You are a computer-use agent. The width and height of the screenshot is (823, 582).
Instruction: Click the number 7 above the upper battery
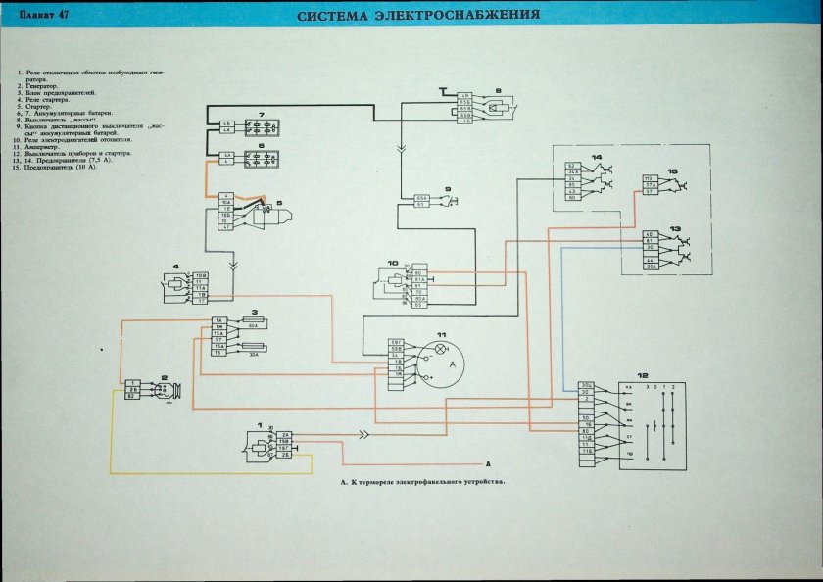pyautogui.click(x=262, y=117)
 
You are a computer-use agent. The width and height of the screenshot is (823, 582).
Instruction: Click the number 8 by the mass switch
pyautogui.click(x=498, y=91)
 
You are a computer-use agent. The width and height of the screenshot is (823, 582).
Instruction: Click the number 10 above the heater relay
pyautogui.click(x=391, y=263)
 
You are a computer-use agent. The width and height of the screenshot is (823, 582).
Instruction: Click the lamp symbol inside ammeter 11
pyautogui.click(x=440, y=348)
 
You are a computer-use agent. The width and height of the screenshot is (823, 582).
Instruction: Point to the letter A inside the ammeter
pyautogui.click(x=453, y=363)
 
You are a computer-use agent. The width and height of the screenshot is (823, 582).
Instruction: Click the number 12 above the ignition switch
pyautogui.click(x=643, y=375)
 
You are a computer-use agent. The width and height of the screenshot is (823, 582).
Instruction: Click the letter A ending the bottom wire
pyautogui.click(x=487, y=462)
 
